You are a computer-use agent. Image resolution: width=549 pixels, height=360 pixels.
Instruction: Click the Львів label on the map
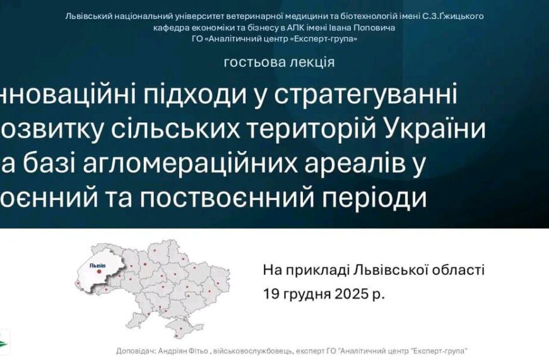click(x=98, y=265)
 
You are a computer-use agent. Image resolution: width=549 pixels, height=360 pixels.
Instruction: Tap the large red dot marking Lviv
click(x=99, y=272)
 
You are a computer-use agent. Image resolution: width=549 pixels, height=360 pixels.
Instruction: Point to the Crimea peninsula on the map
click(x=187, y=327)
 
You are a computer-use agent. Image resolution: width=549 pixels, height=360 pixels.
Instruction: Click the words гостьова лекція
click(x=278, y=62)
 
